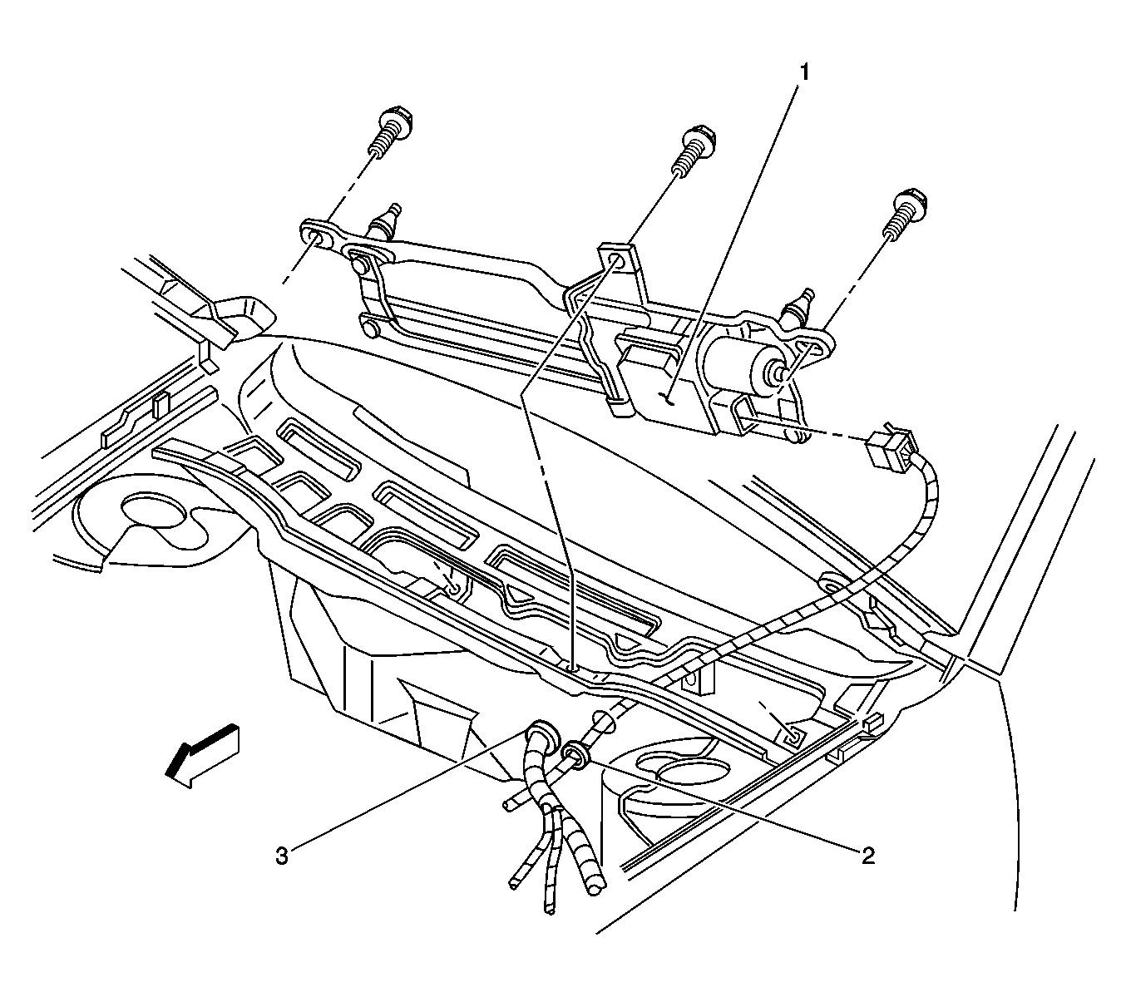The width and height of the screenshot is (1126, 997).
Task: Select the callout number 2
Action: click(x=867, y=856)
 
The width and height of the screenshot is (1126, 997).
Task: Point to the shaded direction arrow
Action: click(x=203, y=753)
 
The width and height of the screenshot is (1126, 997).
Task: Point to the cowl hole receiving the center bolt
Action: click(x=572, y=666)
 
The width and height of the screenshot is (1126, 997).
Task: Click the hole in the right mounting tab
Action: click(x=807, y=347)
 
